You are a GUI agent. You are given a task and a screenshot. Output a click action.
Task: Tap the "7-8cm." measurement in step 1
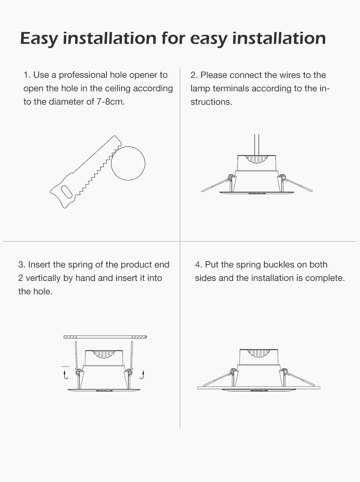pos(111,102)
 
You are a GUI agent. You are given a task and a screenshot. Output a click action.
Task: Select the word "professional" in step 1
pos(83,75)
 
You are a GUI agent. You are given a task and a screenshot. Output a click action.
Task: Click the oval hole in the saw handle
pos(66,191)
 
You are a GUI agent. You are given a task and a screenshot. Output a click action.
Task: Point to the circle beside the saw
pos(128,164)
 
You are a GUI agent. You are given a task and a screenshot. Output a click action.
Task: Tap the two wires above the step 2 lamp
pos(257,145)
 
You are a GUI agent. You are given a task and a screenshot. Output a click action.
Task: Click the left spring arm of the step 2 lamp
pos(216,185)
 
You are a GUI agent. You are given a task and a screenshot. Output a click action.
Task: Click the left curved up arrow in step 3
pos(65,374)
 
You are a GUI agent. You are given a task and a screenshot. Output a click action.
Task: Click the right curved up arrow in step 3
pos(142,374)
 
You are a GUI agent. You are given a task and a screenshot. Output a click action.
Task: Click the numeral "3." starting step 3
pos(22,265)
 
